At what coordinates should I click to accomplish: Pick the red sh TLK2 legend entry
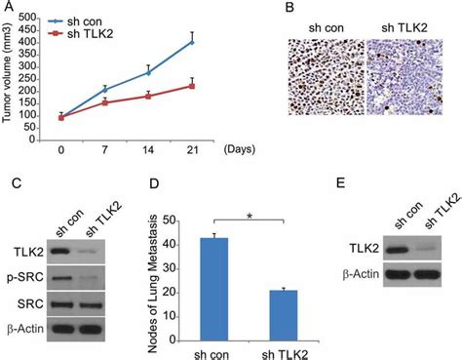88,33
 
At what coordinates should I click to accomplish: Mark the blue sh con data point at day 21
192,42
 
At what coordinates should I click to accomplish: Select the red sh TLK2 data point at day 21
192,86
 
